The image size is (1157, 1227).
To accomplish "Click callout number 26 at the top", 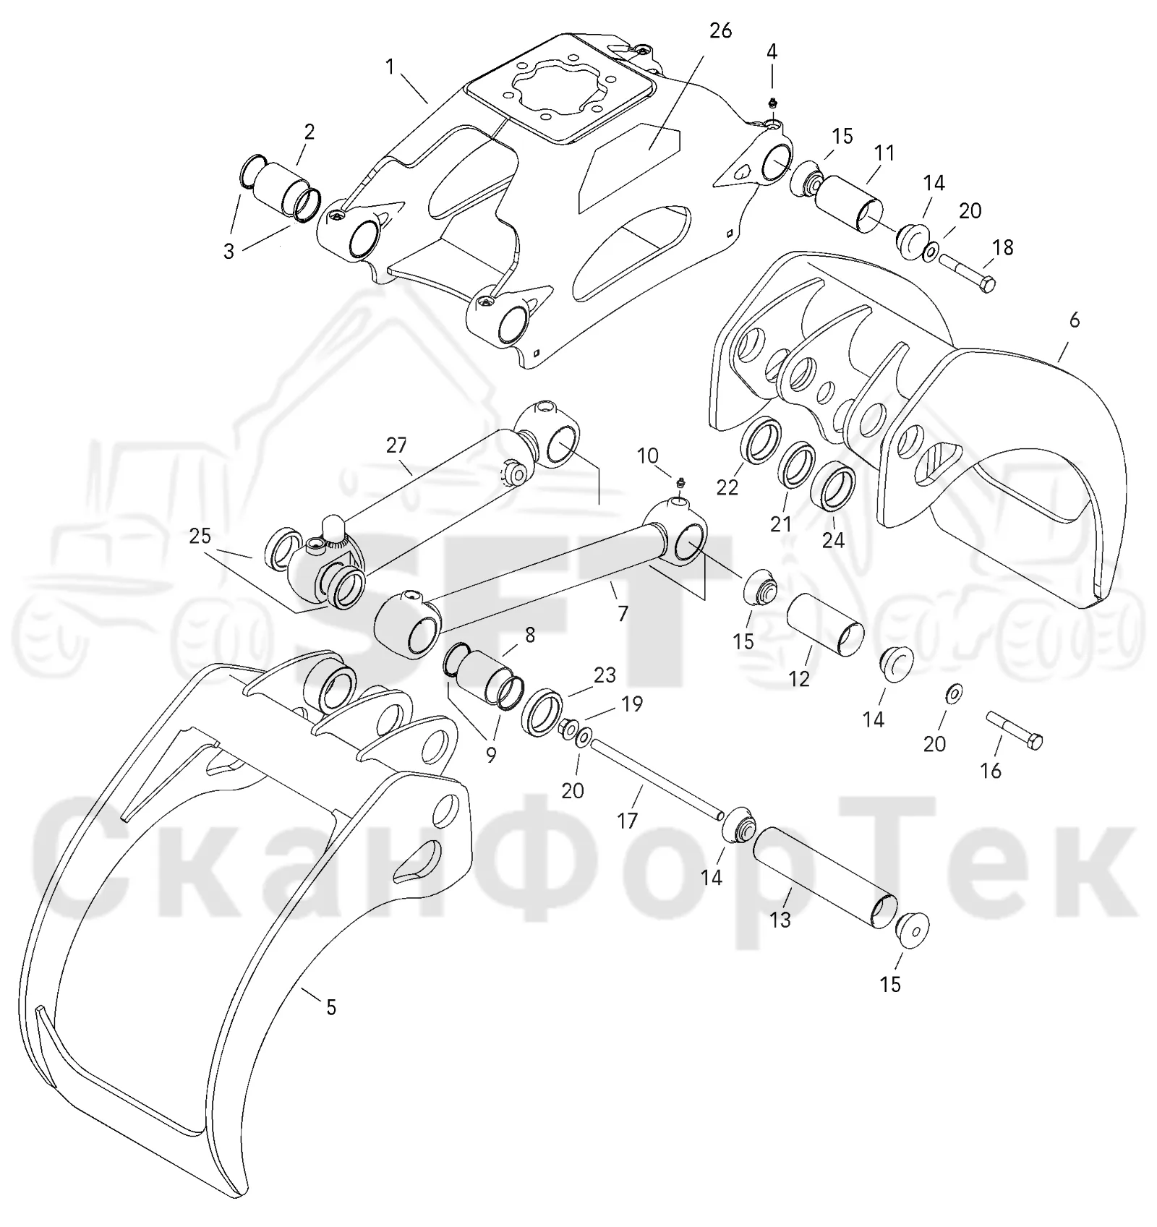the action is (720, 30).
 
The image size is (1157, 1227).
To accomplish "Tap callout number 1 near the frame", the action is (390, 67).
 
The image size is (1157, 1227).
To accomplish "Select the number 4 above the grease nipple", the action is (772, 51).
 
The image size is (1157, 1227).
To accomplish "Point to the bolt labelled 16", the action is (1015, 730).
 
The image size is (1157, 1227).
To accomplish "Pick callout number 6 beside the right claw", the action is (1074, 320).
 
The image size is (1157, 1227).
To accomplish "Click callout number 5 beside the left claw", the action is (330, 1007).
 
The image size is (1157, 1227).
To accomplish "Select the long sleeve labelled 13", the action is (824, 878).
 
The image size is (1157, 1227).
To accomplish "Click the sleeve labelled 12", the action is (825, 625).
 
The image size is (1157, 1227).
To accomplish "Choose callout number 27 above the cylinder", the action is (396, 445).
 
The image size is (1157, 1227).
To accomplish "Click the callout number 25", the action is (200, 536).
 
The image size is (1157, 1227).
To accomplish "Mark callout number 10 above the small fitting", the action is (647, 456).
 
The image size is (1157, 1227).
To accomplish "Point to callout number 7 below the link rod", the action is (623, 613).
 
